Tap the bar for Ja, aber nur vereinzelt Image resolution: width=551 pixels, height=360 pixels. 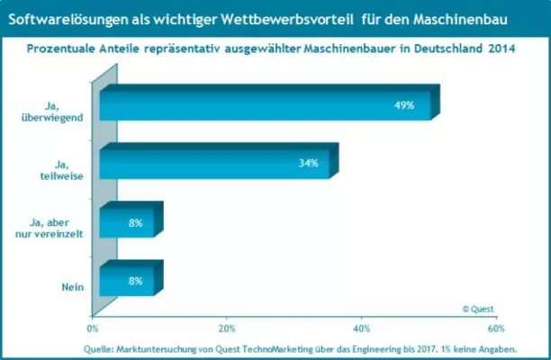(x=126, y=222)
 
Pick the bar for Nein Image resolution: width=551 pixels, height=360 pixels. (x=126, y=281)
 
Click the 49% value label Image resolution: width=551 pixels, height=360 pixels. (x=403, y=105)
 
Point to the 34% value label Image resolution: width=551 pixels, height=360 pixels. (x=308, y=163)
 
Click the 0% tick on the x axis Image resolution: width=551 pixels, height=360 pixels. (x=93, y=328)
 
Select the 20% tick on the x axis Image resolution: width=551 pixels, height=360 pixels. (x=227, y=328)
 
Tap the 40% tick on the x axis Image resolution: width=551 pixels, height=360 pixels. (x=362, y=328)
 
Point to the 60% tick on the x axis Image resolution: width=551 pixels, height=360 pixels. (x=496, y=328)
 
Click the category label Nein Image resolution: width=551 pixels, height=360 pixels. (x=72, y=287)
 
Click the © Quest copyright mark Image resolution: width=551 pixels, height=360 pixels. (x=479, y=308)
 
